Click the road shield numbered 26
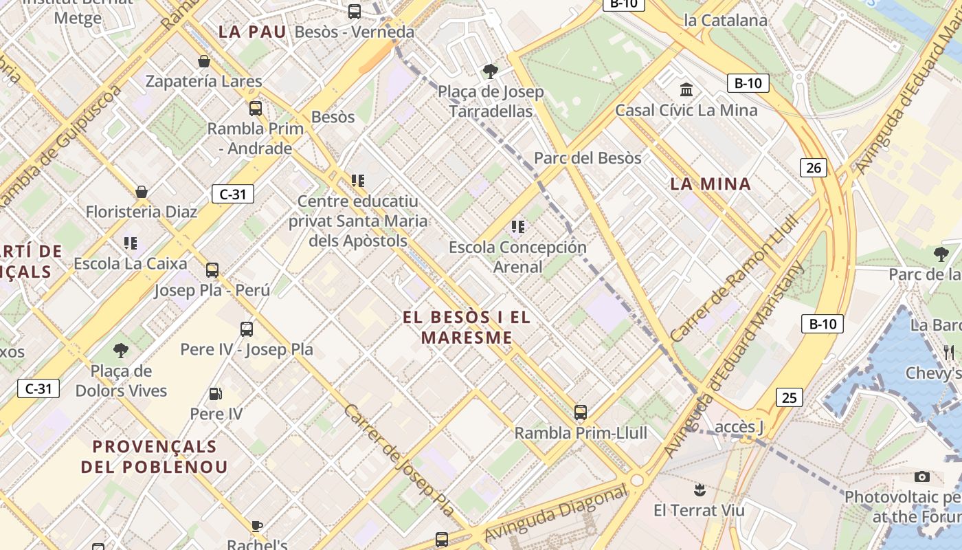click(814, 168)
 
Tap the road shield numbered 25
click(790, 397)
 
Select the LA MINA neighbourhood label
click(711, 184)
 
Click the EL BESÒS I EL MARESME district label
click(467, 327)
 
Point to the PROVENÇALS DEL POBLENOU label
click(154, 456)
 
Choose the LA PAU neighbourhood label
click(251, 32)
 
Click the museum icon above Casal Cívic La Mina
click(686, 90)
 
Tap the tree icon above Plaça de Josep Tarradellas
click(491, 71)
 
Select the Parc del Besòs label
click(588, 158)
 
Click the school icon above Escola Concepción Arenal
click(518, 226)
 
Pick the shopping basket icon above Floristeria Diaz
click(142, 192)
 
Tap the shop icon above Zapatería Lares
click(204, 61)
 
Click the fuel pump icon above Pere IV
click(216, 394)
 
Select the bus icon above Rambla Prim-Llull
click(581, 412)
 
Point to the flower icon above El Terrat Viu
click(700, 490)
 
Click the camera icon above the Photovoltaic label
click(922, 476)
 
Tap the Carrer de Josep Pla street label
click(399, 459)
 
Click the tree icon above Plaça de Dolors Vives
click(121, 351)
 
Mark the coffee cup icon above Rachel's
click(257, 527)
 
